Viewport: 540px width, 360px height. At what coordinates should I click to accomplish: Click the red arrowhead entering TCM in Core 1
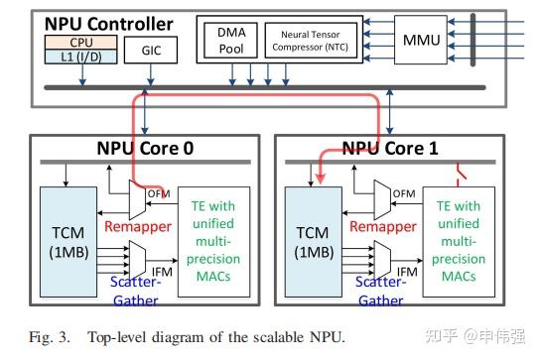(x=320, y=180)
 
